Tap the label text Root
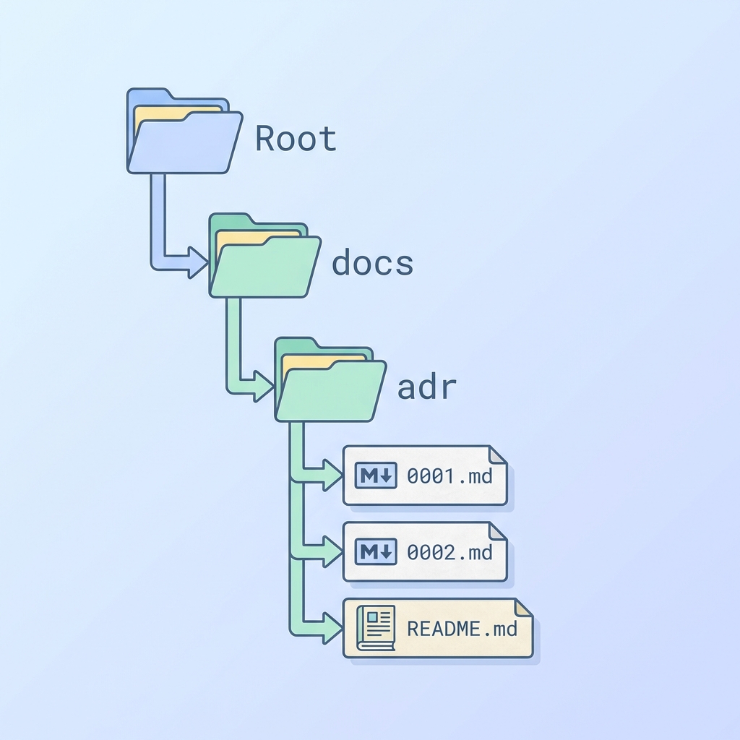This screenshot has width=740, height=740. click(296, 139)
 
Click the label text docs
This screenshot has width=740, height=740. click(372, 263)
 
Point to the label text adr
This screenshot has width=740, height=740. click(427, 387)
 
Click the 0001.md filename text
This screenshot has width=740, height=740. click(449, 476)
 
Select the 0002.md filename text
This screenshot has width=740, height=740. click(449, 553)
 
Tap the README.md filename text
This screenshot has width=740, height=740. click(462, 628)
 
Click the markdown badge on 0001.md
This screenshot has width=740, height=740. click(377, 476)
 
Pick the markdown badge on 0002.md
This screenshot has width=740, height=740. click(377, 553)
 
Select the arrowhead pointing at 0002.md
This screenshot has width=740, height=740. click(332, 553)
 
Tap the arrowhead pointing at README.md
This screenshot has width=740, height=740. click(332, 628)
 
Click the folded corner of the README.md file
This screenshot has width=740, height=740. click(523, 608)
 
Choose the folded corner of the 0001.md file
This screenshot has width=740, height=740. click(499, 455)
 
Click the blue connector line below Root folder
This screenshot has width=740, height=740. click(158, 217)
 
